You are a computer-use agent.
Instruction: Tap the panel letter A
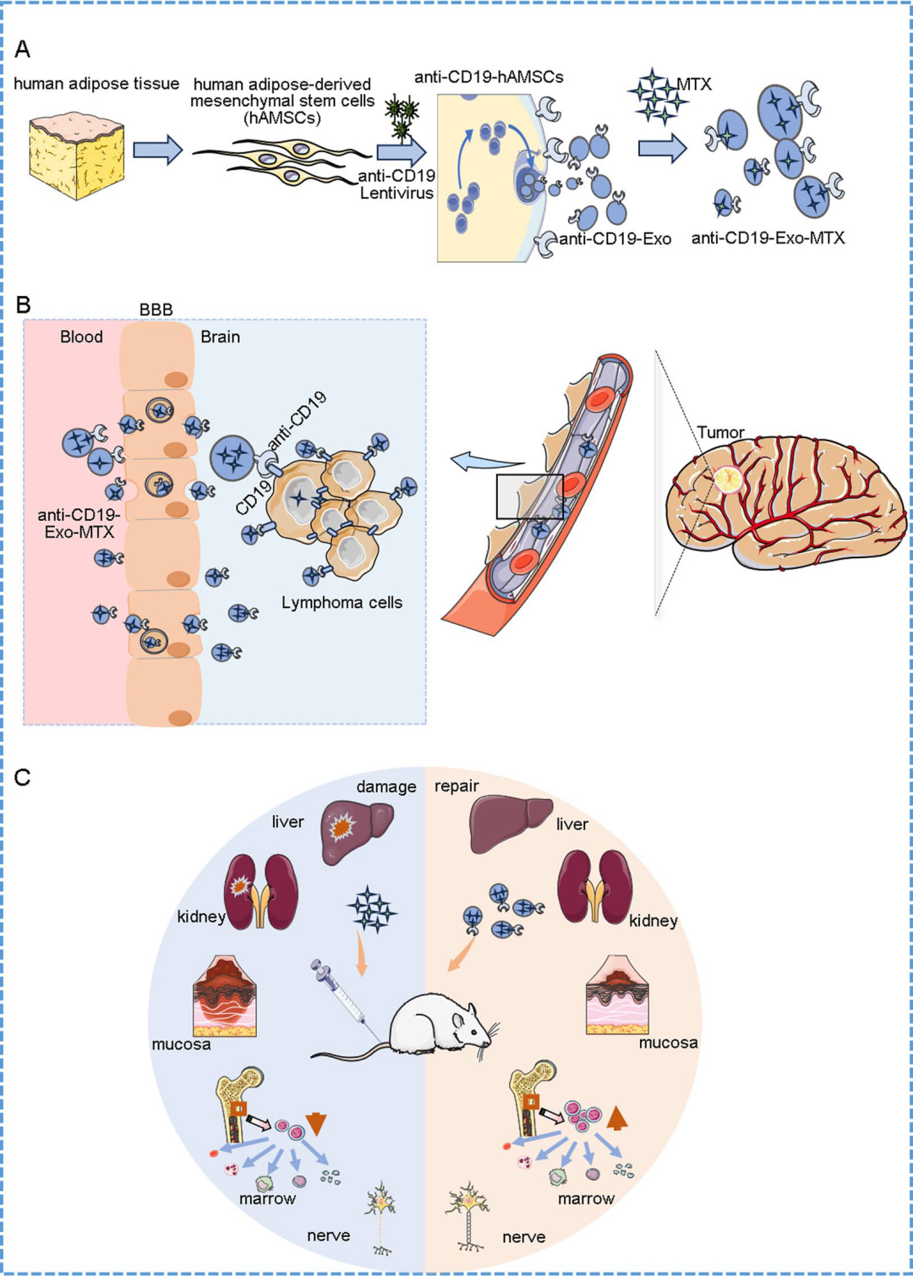[23, 49]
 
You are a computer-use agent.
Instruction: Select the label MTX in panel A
[694, 85]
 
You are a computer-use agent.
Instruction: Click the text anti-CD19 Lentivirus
[396, 184]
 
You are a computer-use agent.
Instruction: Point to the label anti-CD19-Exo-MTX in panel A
[768, 238]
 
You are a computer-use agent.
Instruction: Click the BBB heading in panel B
[156, 310]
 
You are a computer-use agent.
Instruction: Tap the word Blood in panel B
[81, 337]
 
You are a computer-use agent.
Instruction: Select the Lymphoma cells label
[342, 603]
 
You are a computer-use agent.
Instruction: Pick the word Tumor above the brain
[720, 432]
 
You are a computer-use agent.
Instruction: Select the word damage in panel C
[386, 786]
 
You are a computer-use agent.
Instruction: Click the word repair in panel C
[456, 786]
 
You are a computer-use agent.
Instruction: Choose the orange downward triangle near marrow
[316, 1123]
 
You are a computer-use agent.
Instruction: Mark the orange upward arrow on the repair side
[617, 1118]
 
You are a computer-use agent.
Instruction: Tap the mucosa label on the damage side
[181, 1044]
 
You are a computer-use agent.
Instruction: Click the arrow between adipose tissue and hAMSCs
[157, 150]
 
